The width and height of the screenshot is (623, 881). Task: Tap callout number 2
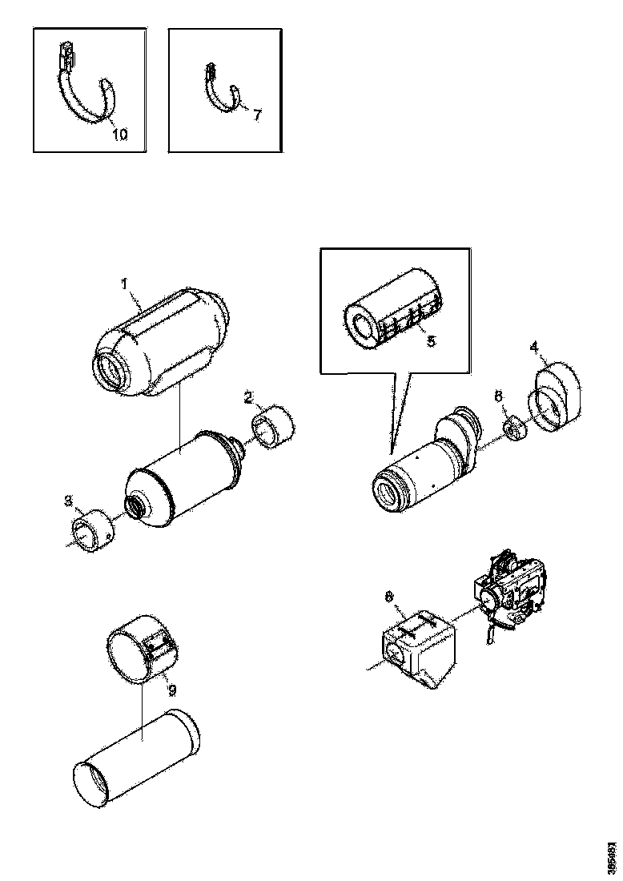point(249,398)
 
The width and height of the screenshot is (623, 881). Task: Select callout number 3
point(69,502)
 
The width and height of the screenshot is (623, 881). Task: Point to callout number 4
point(534,348)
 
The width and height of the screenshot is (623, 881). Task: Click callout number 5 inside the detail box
point(431,340)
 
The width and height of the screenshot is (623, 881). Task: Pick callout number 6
point(498,396)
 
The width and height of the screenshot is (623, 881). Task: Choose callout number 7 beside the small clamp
point(256,115)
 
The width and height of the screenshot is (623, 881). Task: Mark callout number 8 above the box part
point(390,596)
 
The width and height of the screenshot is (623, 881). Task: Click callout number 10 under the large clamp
point(119,134)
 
